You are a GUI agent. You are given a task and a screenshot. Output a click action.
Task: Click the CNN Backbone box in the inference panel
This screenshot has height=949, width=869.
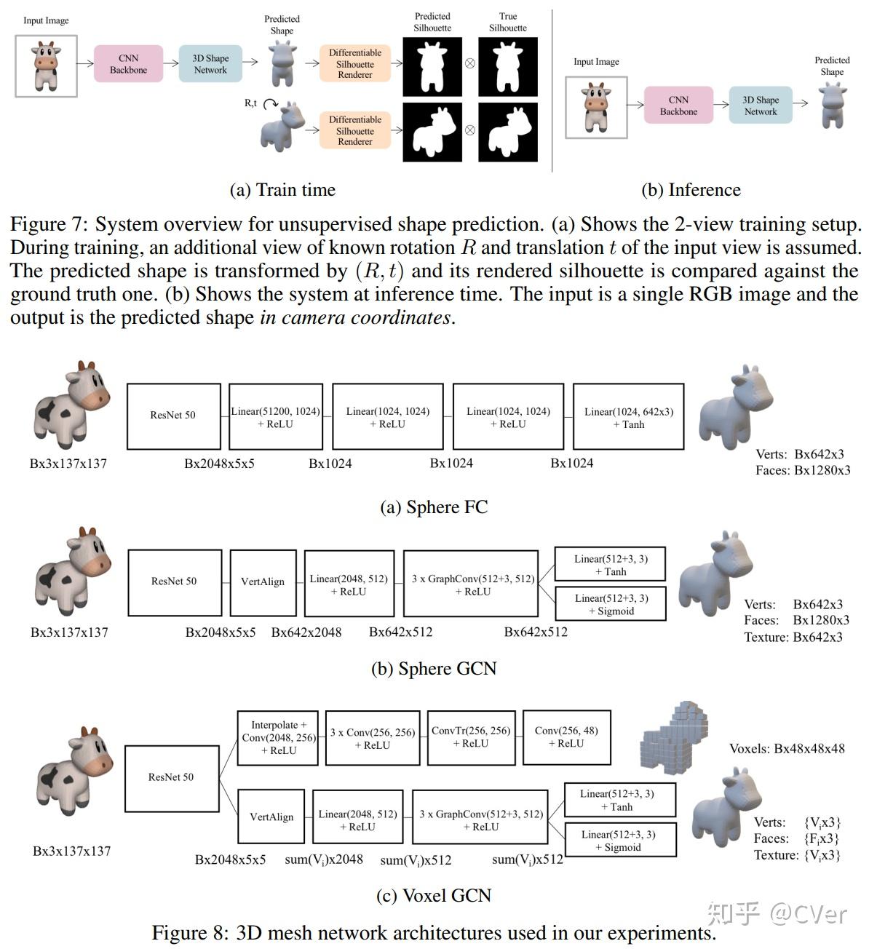coord(678,106)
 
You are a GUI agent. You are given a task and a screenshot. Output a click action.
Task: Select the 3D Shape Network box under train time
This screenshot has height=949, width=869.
coord(210,64)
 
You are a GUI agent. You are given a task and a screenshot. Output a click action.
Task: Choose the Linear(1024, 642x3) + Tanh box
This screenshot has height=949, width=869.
coord(628,417)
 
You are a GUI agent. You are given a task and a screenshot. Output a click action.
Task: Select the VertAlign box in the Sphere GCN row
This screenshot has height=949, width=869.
coord(262,581)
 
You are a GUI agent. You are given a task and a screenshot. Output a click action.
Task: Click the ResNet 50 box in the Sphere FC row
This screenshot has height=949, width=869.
coord(173,416)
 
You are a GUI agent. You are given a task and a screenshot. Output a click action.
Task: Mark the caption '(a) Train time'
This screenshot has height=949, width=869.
coord(282,190)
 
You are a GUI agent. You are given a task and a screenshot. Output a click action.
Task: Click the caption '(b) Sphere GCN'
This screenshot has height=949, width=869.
coord(434,669)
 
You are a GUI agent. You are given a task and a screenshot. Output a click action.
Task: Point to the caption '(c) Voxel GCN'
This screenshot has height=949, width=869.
coord(434,895)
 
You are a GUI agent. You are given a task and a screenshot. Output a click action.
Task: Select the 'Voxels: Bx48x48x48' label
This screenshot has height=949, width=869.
coord(787,749)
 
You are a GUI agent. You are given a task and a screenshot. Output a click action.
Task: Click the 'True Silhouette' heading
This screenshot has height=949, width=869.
coord(507,22)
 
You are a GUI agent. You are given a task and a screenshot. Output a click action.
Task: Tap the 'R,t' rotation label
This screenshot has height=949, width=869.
coord(250,103)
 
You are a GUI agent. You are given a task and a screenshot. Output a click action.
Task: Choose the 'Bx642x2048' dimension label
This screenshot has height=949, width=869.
coord(306,632)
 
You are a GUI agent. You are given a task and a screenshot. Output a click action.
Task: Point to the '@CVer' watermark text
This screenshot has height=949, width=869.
coord(809,914)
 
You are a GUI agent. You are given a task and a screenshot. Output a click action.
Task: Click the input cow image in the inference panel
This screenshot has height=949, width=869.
coord(596,107)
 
